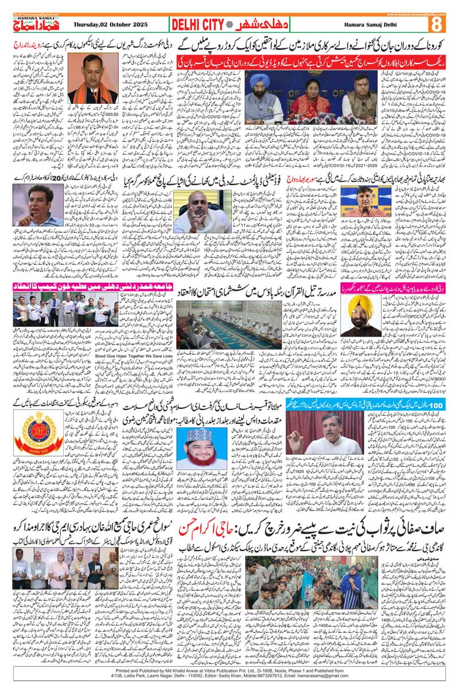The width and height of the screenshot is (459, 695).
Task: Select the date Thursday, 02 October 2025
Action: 110,25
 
